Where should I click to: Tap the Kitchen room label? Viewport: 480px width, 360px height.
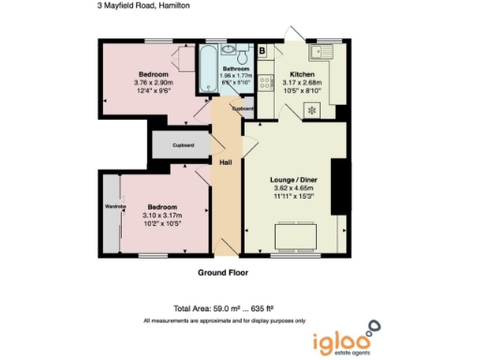[302, 73]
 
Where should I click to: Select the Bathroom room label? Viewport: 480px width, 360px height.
[235, 68]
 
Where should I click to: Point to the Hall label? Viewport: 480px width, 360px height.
[226, 162]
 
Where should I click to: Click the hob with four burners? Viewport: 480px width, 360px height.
[265, 82]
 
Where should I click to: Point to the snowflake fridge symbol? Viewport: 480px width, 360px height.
[311, 110]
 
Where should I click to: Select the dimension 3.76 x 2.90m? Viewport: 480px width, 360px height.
[153, 82]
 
